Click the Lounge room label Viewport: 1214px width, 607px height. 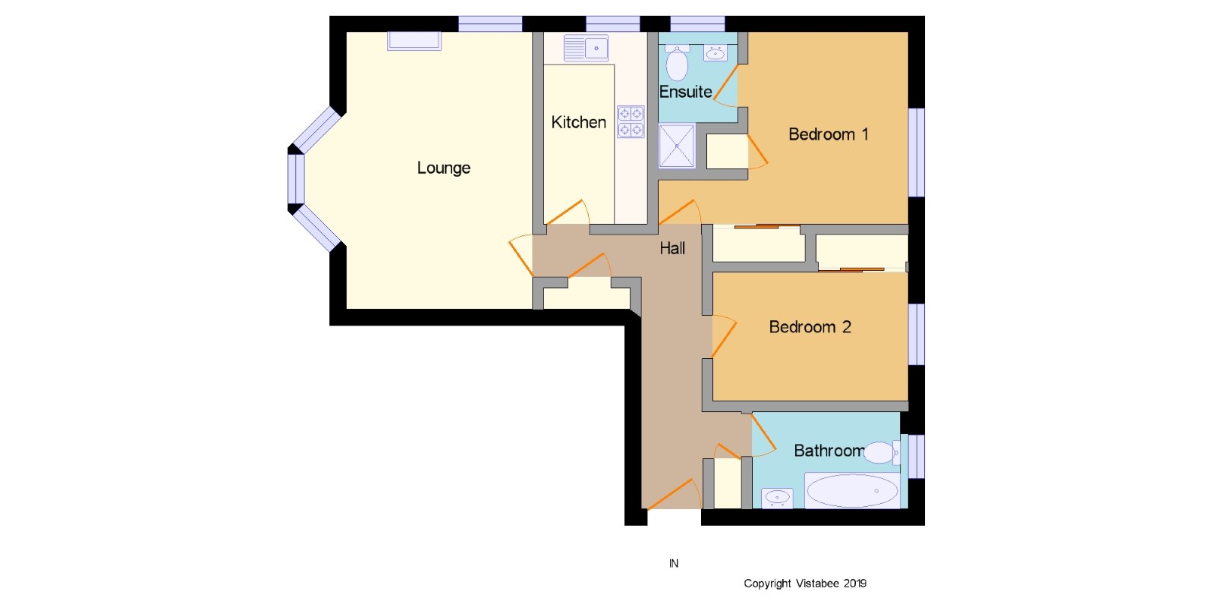tap(443, 168)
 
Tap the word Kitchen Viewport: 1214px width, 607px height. tap(578, 122)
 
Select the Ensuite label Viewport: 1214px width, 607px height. tap(685, 92)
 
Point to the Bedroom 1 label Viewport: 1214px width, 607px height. tap(828, 134)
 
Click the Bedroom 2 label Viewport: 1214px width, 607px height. tap(810, 327)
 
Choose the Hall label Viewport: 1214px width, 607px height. tap(672, 248)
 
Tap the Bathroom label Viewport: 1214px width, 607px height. tap(829, 451)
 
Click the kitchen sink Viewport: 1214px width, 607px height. tap(586, 49)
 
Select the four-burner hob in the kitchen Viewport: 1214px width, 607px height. tap(631, 121)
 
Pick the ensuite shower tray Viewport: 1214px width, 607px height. tap(677, 146)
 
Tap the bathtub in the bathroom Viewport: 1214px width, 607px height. tap(852, 491)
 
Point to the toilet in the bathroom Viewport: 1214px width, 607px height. tap(882, 452)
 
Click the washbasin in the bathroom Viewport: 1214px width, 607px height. tap(777, 498)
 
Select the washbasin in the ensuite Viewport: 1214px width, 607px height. tap(716, 52)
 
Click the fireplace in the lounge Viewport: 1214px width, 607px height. tap(414, 41)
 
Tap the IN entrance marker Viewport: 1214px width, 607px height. tap(674, 564)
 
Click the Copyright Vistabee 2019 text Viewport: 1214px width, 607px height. tap(805, 583)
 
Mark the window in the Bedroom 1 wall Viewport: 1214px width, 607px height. tap(917, 153)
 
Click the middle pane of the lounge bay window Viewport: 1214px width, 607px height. tap(296, 179)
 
